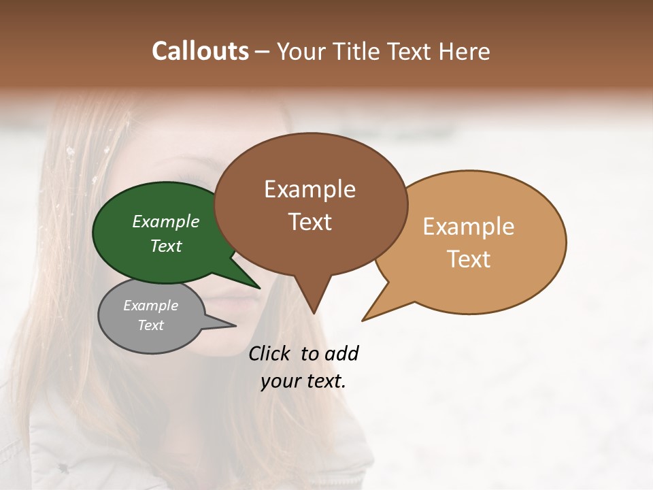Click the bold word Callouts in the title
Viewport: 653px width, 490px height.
pyautogui.click(x=200, y=51)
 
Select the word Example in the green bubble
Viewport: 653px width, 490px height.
pyautogui.click(x=166, y=221)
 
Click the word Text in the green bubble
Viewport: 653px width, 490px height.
pyautogui.click(x=166, y=246)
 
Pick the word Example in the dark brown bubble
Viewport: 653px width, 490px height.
pyautogui.click(x=309, y=189)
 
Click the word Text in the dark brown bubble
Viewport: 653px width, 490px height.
pyautogui.click(x=309, y=222)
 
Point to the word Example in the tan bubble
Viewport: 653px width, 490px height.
pyautogui.click(x=469, y=227)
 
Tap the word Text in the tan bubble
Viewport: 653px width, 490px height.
pyautogui.click(x=469, y=259)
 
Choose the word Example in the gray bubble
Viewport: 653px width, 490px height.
pyautogui.click(x=150, y=306)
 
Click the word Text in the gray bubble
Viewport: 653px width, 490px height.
pyautogui.click(x=150, y=325)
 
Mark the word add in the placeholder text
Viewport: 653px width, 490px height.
pyautogui.click(x=341, y=353)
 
